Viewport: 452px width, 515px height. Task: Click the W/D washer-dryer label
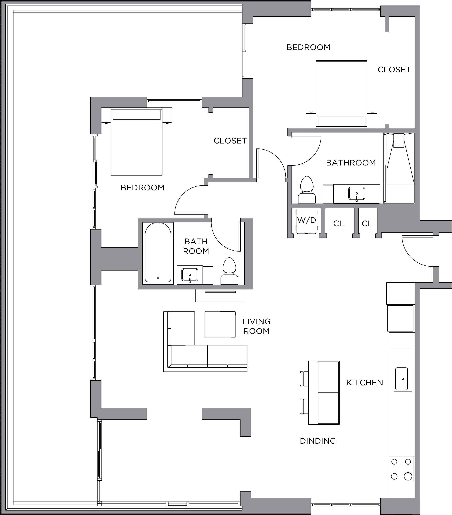[307, 220]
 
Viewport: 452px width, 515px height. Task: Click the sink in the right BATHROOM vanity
[357, 193]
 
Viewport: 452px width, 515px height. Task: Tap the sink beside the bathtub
[190, 275]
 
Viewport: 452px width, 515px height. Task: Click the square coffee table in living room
[220, 324]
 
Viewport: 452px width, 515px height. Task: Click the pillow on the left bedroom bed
[137, 114]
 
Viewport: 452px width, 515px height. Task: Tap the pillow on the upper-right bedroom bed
[341, 121]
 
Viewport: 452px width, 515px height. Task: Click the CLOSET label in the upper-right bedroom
[394, 70]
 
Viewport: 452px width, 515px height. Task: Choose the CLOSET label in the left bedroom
[230, 141]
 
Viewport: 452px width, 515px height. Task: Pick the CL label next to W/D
[338, 224]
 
